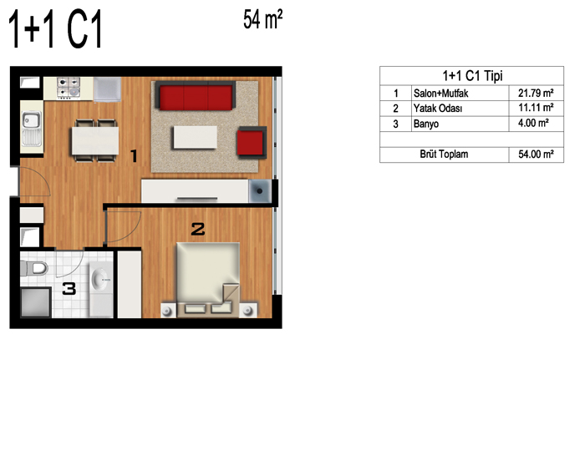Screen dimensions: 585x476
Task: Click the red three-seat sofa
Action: point(196,96)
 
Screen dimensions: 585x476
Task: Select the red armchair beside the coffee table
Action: point(252,142)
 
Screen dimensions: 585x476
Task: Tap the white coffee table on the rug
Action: point(195,137)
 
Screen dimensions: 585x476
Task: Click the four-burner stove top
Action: point(69,87)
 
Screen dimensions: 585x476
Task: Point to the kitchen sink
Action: point(32,128)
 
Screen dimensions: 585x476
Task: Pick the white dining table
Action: point(95,141)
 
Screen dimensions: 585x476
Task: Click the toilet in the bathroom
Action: point(34,268)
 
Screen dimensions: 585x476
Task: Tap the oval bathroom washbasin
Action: point(100,279)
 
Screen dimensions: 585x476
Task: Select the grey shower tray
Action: point(36,302)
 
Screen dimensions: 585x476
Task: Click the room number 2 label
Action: point(198,229)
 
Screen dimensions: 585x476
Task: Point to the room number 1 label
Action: point(134,156)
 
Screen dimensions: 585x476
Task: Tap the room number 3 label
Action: point(69,289)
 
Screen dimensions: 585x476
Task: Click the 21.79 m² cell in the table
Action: point(536,93)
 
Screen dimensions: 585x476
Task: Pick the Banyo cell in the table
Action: point(426,124)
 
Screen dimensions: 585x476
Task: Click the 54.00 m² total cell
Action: point(537,154)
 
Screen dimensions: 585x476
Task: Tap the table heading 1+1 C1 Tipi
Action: point(472,76)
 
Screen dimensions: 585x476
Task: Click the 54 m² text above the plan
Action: point(263,19)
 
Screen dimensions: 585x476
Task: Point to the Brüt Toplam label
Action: point(444,154)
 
